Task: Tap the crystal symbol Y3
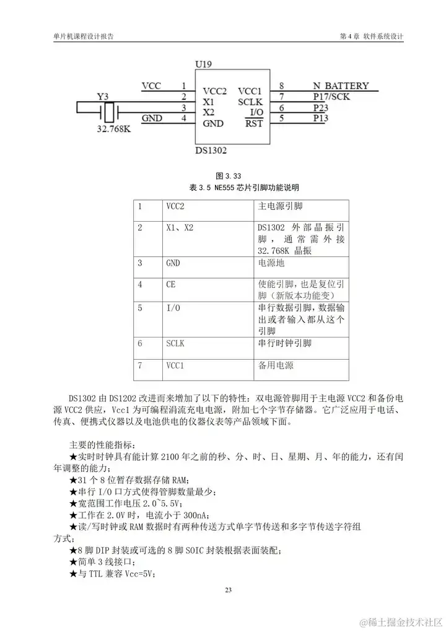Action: [x=109, y=112]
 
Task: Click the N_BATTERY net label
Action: [x=341, y=86]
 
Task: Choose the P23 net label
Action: [x=320, y=107]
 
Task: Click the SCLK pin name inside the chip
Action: [x=250, y=102]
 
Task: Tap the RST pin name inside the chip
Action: [x=254, y=123]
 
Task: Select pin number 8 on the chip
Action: [x=282, y=86]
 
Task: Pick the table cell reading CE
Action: [x=171, y=284]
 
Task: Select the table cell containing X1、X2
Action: [x=180, y=228]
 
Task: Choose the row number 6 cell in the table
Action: [x=141, y=342]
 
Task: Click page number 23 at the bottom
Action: [x=228, y=590]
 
